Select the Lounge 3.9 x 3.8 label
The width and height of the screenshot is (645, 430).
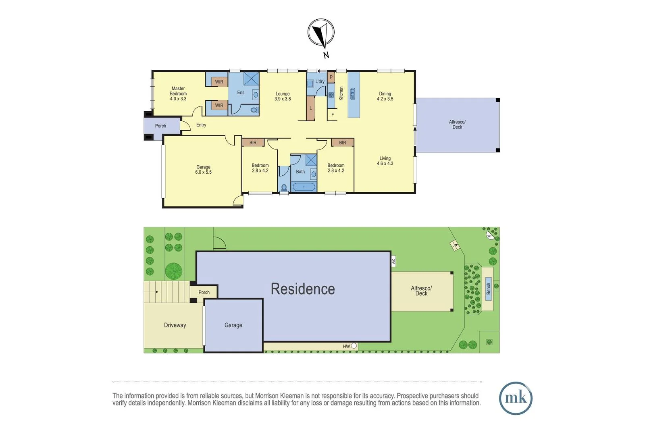click(283, 96)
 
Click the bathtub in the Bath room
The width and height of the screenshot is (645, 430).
click(304, 187)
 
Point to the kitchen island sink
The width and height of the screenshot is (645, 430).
click(353, 94)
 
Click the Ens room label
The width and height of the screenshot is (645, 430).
click(241, 93)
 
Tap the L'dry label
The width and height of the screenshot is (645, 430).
click(320, 81)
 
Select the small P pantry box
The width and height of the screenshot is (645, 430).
click(331, 77)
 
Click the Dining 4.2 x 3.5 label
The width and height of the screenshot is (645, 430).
click(385, 96)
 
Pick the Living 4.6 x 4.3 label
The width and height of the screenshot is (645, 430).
click(385, 161)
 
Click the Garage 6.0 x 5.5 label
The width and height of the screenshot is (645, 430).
click(204, 170)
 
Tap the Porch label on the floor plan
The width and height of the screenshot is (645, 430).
click(160, 126)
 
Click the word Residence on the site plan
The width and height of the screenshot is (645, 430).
click(303, 289)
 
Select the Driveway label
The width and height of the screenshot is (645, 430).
click(175, 325)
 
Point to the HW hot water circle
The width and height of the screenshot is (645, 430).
click(354, 346)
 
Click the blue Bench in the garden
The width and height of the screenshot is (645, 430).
click(488, 289)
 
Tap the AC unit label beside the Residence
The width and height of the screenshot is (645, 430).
click(393, 261)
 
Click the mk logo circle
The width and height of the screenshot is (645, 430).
click(516, 398)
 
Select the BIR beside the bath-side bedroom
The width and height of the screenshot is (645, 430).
click(342, 143)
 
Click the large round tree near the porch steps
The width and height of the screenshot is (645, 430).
click(173, 271)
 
